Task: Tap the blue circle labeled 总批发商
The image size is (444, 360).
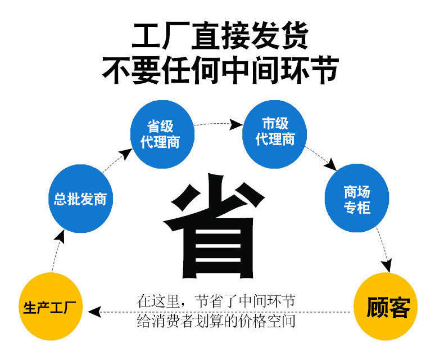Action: pyautogui.click(x=80, y=199)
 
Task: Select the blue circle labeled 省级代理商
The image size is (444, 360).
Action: pyautogui.click(x=161, y=134)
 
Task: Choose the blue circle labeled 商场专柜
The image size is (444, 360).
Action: pyautogui.click(x=357, y=199)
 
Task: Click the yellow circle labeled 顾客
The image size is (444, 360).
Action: pyautogui.click(x=388, y=307)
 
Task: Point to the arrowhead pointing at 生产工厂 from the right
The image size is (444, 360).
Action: pyautogui.click(x=95, y=310)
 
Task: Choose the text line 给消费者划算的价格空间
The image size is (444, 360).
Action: pyautogui.click(x=216, y=322)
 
